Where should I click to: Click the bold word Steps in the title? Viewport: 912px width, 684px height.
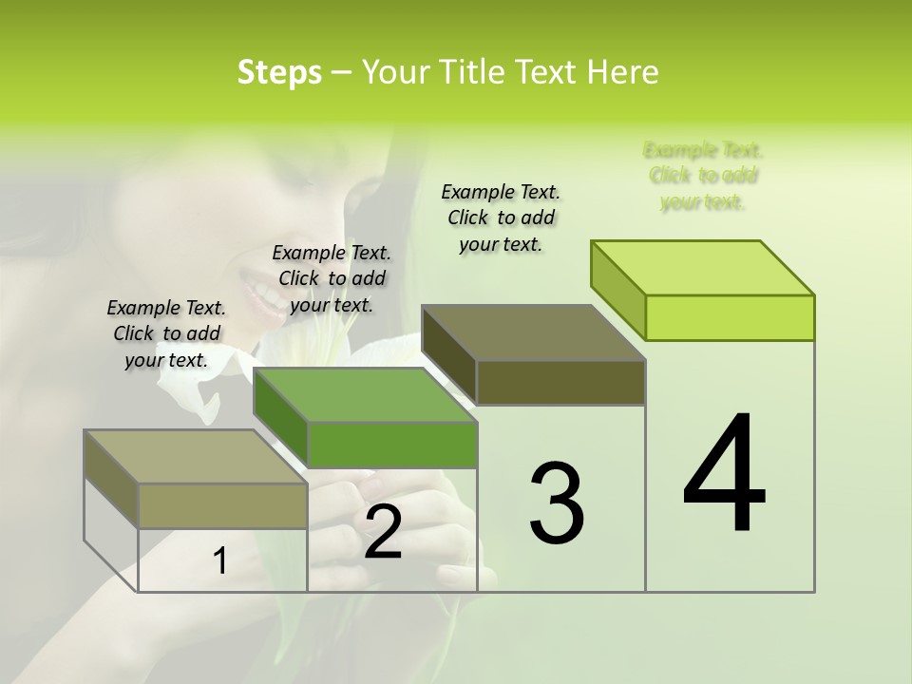coord(279,72)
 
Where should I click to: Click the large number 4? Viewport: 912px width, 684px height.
coord(725,475)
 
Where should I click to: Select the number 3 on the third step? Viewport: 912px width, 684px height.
coord(557,503)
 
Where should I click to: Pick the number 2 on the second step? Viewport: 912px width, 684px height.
coord(383,533)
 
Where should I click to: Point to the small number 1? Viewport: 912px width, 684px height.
coord(220,560)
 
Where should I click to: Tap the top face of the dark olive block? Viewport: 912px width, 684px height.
coord(534,332)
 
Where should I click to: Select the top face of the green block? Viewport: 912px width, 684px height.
coord(365,395)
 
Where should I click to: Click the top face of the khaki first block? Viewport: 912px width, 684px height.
coord(196,457)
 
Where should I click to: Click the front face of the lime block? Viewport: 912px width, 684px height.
coord(730,317)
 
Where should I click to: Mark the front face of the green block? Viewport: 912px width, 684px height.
coord(391,445)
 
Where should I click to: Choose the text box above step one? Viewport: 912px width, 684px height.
coord(166,333)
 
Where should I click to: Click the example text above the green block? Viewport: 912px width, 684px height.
coord(332,278)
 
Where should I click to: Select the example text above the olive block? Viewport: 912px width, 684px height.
coord(501,218)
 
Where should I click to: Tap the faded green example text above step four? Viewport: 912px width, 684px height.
coord(704,176)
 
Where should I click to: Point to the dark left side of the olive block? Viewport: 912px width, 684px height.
coord(449,354)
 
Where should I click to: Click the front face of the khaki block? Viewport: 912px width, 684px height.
coord(222,505)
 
